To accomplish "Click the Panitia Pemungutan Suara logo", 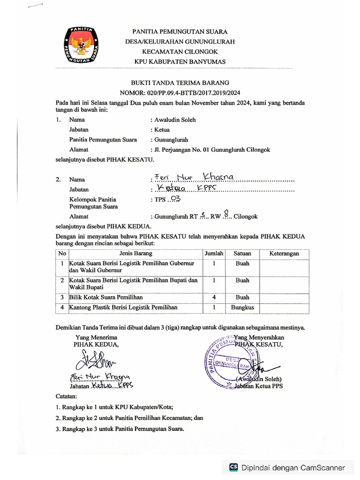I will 81,45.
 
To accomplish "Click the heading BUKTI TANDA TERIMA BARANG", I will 180,82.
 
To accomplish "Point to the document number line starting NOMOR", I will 180,93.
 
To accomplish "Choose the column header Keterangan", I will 284,253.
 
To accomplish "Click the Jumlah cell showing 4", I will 213,297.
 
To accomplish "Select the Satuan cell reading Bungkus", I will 242,307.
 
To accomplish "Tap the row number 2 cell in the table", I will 62,280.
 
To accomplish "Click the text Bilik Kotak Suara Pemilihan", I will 106,297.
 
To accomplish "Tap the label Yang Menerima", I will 97,337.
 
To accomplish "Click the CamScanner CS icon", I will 233,467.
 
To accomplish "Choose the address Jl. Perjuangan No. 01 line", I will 211,150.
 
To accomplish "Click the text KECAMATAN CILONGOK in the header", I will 180,52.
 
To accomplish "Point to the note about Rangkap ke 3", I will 120,428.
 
